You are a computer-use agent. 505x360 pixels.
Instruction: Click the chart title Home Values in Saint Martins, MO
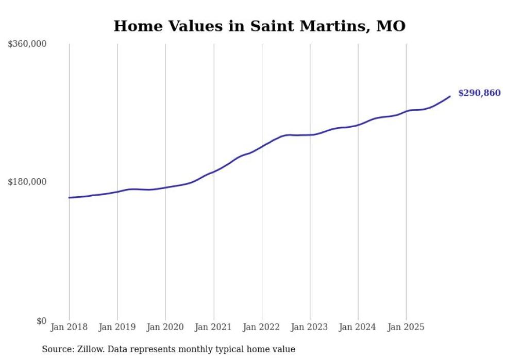259,26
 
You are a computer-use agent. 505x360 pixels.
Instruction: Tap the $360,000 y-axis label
27,44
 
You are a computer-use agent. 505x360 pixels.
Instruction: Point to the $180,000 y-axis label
27,182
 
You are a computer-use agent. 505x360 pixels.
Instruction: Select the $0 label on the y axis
41,321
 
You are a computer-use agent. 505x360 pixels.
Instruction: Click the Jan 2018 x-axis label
69,327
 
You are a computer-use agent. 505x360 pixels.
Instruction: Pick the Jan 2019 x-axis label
117,327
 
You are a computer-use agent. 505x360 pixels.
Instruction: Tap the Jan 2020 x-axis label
165,327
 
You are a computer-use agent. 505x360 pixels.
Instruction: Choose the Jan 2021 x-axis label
213,327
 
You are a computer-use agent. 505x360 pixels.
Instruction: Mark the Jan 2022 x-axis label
262,327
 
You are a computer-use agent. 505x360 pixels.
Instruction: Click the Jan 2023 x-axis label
310,327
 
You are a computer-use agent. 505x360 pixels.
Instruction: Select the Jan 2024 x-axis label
358,327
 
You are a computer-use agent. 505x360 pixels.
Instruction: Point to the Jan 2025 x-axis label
406,327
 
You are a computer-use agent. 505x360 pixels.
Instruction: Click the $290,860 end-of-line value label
479,93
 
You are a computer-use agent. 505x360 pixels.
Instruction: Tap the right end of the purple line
450,96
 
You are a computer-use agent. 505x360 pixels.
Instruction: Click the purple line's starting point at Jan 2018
69,197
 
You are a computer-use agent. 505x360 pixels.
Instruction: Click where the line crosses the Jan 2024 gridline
358,125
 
